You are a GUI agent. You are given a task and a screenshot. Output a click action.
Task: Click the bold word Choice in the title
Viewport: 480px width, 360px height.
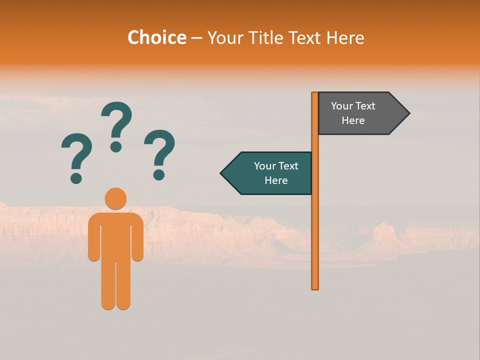click(156, 37)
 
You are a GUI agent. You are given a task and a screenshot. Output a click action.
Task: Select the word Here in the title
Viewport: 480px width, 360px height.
click(345, 37)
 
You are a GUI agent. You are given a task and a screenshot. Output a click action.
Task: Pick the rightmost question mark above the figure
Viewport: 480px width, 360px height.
click(159, 153)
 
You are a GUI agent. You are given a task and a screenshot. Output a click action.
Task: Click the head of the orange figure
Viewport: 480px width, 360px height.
click(115, 198)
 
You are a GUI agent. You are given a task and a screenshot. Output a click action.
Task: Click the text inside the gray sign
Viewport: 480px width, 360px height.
click(353, 113)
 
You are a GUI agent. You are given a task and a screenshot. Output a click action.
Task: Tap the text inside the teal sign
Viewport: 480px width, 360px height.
click(276, 173)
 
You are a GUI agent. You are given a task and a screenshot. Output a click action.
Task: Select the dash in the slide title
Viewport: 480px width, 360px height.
click(196, 38)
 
